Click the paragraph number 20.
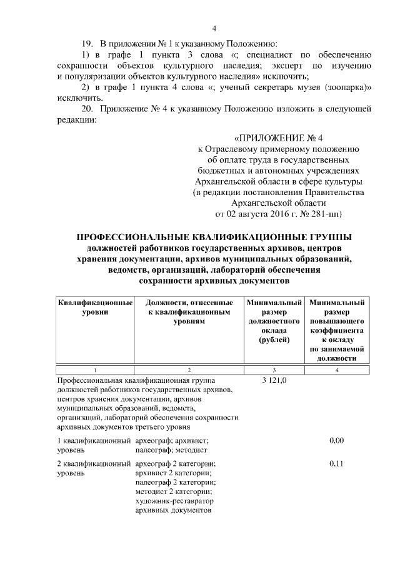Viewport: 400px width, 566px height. pos(88,109)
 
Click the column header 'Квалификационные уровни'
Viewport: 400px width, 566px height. pos(94,307)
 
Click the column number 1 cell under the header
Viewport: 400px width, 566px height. pos(94,370)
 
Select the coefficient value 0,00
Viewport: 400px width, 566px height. pos(337,441)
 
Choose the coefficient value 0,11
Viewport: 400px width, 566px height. pos(337,464)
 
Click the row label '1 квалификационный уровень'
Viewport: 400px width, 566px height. pos(94,445)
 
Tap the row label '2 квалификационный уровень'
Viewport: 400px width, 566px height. pos(94,468)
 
